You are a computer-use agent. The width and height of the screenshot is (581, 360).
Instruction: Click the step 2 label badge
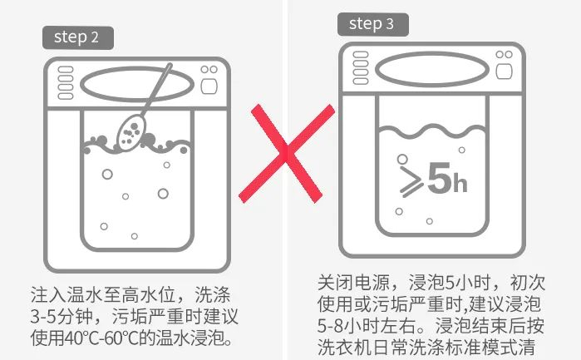click(78, 37)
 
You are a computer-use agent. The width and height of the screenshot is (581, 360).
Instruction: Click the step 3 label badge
click(372, 24)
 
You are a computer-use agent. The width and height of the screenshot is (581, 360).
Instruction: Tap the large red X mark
click(287, 153)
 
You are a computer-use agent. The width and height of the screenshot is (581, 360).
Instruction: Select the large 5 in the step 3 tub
click(440, 178)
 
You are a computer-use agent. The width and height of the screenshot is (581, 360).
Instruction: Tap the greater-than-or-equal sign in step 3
click(411, 182)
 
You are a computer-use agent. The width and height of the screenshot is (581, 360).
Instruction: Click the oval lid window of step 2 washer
click(137, 84)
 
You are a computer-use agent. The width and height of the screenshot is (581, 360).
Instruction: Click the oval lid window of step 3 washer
click(432, 69)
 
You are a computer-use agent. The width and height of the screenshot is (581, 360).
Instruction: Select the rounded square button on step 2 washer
click(209, 86)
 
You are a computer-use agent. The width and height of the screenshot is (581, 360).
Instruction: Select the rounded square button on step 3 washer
click(504, 72)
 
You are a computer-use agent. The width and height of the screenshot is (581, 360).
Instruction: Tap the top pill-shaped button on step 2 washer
click(66, 70)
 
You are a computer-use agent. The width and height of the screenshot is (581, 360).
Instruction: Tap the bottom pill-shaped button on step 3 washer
click(361, 81)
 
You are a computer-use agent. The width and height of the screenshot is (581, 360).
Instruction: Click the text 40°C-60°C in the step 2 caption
click(103, 338)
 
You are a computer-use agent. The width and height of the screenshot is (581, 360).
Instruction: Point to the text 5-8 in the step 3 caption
click(330, 326)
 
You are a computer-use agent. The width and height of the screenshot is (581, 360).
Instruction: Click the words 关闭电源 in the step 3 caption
click(354, 283)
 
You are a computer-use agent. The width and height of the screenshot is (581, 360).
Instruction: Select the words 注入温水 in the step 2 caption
click(66, 295)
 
